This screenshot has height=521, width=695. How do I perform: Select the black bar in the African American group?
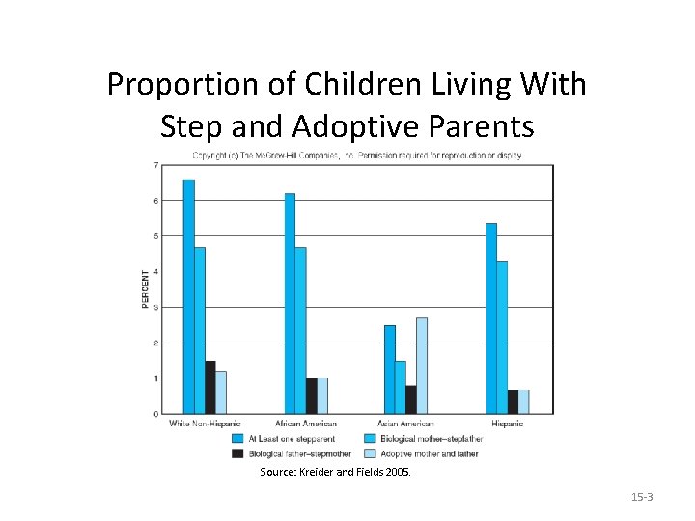pyautogui.click(x=312, y=396)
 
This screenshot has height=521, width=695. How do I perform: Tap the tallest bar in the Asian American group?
pyautogui.click(x=421, y=366)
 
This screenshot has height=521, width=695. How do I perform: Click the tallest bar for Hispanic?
pyautogui.click(x=491, y=318)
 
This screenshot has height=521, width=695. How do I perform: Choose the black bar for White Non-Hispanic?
pyautogui.click(x=210, y=387)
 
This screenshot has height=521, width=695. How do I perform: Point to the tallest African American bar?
pyautogui.click(x=290, y=303)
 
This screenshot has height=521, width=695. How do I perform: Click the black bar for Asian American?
pyautogui.click(x=411, y=399)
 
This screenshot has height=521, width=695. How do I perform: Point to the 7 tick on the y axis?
pyautogui.click(x=157, y=165)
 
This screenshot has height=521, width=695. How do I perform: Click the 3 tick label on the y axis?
pyautogui.click(x=157, y=308)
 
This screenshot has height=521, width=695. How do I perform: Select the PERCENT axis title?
pyautogui.click(x=146, y=289)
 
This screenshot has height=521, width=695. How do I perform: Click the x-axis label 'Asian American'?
pyautogui.click(x=405, y=424)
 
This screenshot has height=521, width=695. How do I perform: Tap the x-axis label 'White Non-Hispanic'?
pyautogui.click(x=205, y=424)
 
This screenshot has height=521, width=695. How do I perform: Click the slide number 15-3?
pyautogui.click(x=642, y=497)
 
